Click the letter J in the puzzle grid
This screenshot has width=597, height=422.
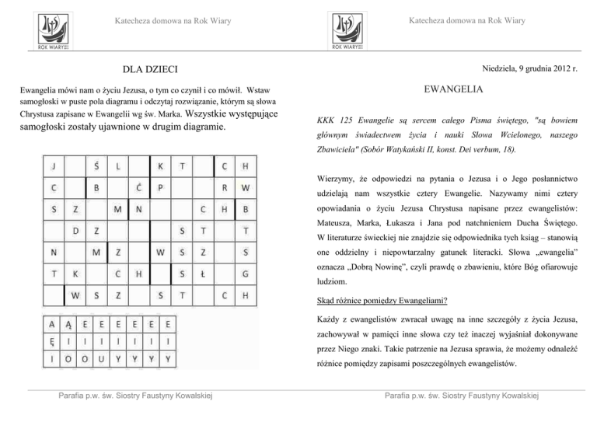tap(54, 166)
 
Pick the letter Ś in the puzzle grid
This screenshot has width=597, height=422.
tap(96, 166)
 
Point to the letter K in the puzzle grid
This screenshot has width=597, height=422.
tap(160, 166)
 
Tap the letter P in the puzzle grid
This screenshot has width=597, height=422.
tap(160, 187)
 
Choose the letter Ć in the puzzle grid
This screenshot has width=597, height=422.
tap(138, 187)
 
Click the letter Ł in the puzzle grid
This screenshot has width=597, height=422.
tap(203, 274)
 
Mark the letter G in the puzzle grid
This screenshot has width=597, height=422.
tap(246, 274)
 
